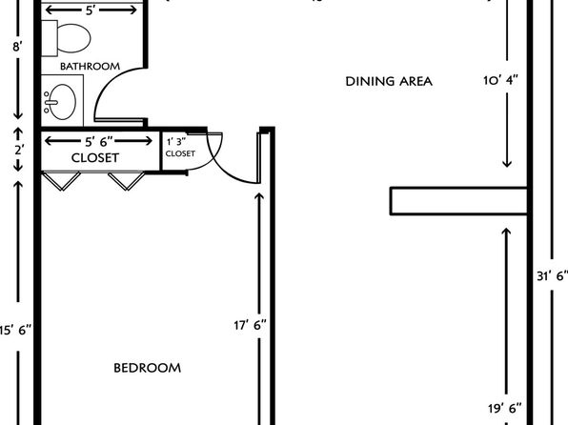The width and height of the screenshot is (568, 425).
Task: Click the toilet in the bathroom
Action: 67,38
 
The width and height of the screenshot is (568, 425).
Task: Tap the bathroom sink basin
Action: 62,102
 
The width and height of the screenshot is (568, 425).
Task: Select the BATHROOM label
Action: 90,67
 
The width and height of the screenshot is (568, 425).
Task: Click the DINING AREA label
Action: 389,81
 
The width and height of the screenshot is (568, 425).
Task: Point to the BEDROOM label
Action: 147,368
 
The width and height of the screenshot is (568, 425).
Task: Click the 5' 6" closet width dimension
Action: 99,141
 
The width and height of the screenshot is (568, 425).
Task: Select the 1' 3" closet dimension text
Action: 176,141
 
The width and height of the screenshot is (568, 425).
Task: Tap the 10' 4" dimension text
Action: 500,80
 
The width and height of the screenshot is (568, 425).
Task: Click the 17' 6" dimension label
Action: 250,325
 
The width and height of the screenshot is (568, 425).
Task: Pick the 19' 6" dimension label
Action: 505,409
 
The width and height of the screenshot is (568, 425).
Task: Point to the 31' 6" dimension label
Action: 552,276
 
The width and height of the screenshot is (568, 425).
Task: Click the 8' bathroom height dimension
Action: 18,47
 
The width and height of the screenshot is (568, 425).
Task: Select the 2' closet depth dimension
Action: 19,150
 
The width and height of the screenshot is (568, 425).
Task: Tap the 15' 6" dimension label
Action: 15,330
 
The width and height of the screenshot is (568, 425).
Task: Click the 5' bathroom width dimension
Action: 91,10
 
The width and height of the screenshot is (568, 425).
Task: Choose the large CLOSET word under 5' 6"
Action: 95,158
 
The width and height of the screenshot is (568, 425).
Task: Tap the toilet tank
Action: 50,38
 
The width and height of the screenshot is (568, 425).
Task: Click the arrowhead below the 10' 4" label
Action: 507,163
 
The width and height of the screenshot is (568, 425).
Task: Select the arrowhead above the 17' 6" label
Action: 259,197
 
